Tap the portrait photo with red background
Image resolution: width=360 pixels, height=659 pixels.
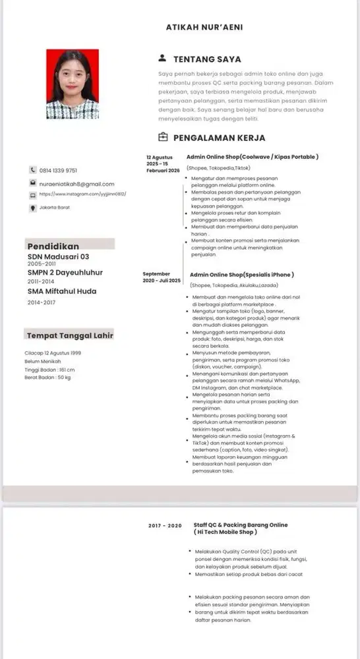coord(73,84)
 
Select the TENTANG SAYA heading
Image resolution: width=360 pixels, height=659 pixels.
coord(207,59)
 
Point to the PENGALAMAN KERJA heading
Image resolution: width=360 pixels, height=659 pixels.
coord(219,138)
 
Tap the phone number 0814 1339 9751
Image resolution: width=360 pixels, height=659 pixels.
coord(58,170)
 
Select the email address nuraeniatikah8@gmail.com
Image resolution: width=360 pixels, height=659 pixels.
coord(77,184)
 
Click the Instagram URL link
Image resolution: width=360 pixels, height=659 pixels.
coord(82,194)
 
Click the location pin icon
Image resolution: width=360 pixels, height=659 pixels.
coord(33,208)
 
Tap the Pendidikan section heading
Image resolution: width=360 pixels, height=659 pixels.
coord(53,246)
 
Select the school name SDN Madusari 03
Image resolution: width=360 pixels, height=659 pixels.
coord(58,256)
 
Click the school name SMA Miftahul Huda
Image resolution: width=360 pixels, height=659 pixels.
coord(62,291)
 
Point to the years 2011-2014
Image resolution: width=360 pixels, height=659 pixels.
coord(41,281)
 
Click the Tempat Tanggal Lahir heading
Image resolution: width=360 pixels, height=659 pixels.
coord(70,335)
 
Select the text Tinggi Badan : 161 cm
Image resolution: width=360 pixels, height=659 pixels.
coord(49,369)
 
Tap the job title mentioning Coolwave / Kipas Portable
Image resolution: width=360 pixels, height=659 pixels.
coord(253,157)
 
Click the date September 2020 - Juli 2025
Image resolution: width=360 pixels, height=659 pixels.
coord(162,277)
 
